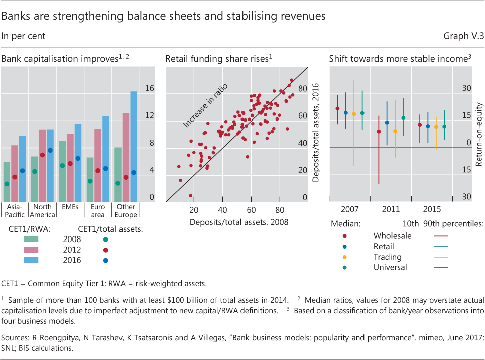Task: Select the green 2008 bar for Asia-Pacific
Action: tap(7, 181)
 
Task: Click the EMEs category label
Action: tap(70, 207)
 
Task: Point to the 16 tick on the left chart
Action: tap(149, 88)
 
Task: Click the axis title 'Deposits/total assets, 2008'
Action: tap(238, 222)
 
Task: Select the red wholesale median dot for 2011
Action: tap(379, 132)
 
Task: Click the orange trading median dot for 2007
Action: tap(354, 114)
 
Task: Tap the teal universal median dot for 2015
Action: tap(444, 127)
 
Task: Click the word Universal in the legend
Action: tap(390, 267)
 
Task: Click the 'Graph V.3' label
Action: tap(464, 36)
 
